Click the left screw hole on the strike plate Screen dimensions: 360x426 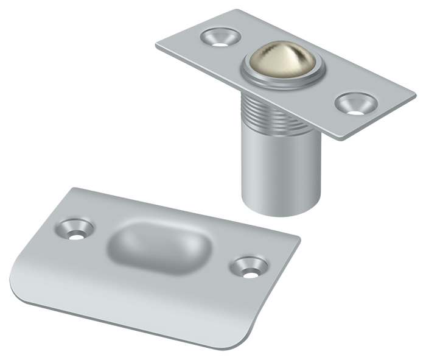77,230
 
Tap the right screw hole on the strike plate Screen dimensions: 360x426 249,268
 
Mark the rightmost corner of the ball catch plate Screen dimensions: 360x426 415,95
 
